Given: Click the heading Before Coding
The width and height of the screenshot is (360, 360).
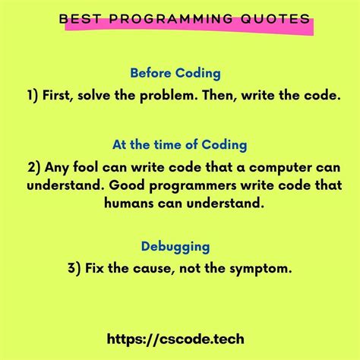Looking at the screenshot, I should (x=175, y=74).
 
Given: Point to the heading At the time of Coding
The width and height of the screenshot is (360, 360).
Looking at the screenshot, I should (x=179, y=144).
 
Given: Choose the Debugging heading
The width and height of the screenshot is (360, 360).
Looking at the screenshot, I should (x=175, y=246).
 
